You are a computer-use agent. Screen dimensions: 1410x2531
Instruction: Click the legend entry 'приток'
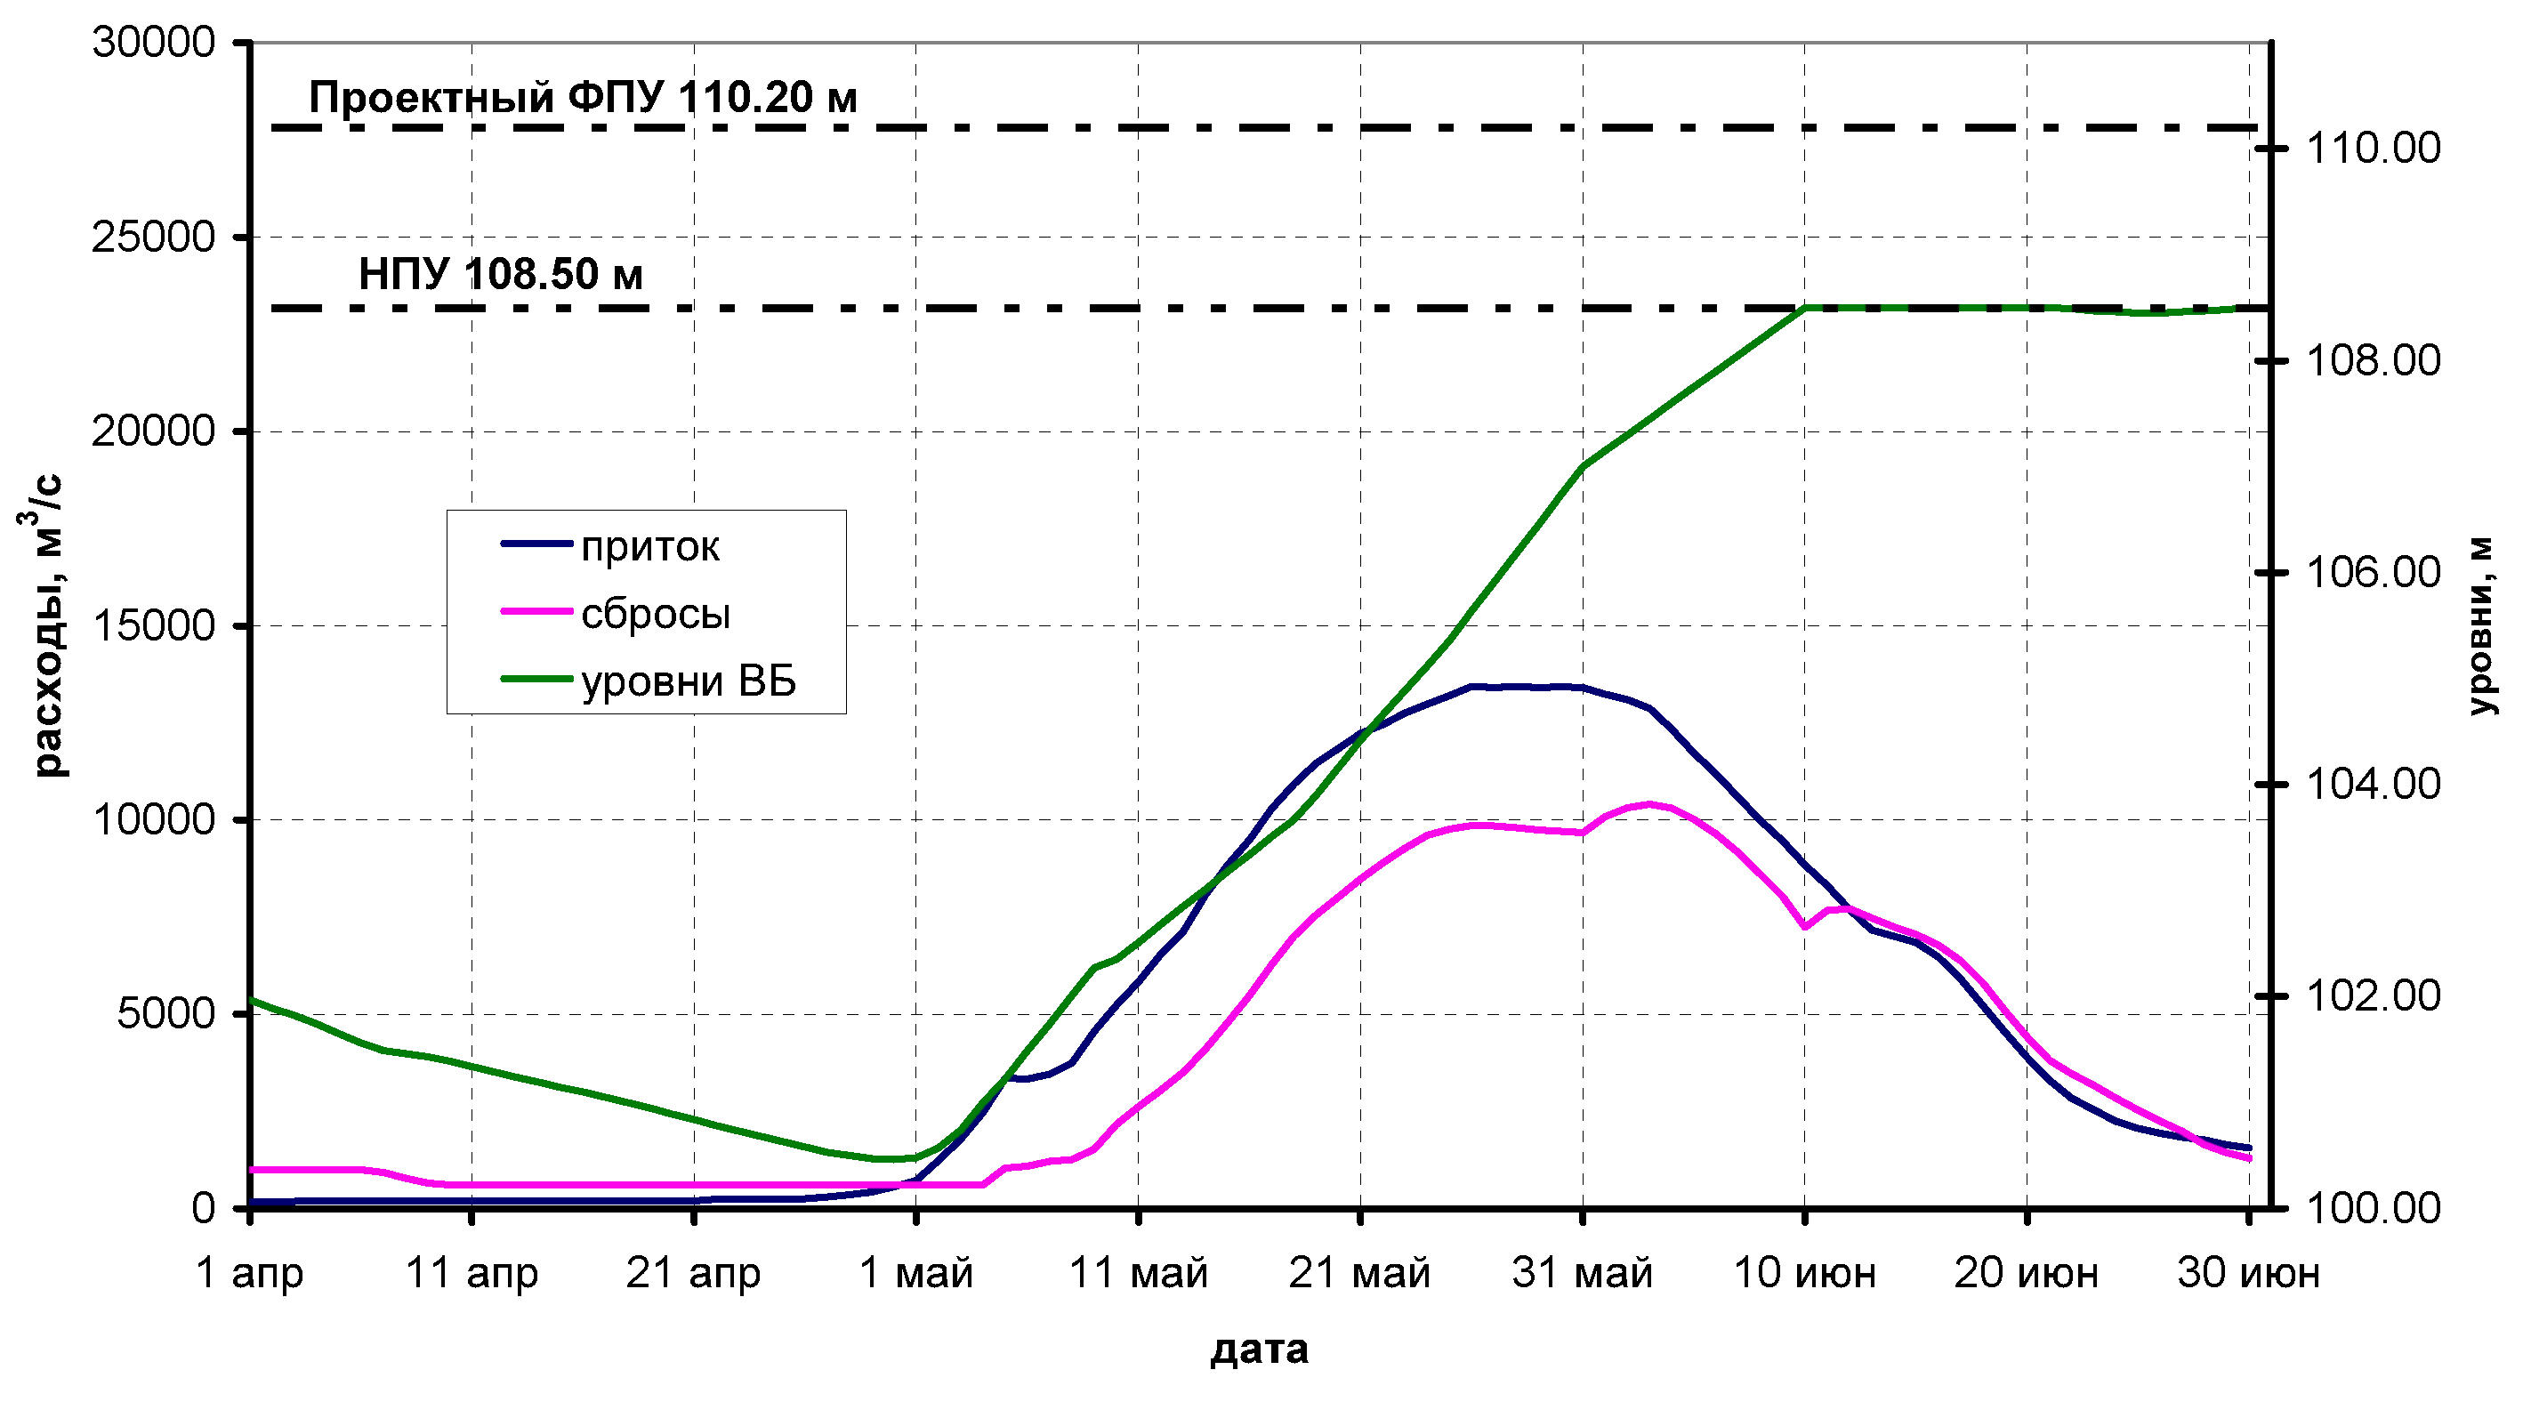[x=649, y=546]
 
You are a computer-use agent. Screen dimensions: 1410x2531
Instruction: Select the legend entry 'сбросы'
[x=655, y=614]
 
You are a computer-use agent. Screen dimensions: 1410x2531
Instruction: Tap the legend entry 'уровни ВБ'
[x=688, y=681]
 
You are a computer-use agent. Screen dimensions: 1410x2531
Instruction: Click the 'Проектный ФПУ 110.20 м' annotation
[x=583, y=97]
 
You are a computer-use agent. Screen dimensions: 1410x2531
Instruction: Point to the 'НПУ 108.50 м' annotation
[x=500, y=274]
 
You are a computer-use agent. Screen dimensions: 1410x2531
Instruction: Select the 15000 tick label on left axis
[x=153, y=624]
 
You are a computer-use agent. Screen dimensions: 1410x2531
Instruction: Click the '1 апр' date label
[x=250, y=1272]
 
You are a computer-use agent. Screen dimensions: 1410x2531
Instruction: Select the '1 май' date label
[x=915, y=1272]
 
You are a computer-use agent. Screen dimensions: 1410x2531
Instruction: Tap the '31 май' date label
[x=1582, y=1272]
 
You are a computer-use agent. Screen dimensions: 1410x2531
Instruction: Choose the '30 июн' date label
[x=2248, y=1272]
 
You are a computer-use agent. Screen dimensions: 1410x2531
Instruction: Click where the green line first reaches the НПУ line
[x=1805, y=309]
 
